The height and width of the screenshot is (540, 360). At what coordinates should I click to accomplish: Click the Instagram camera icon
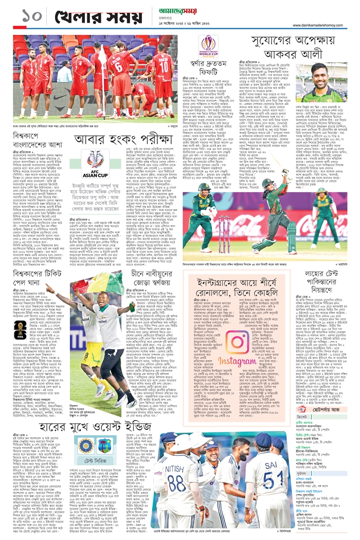click(238, 343)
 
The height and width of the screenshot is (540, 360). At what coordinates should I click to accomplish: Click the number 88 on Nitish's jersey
click(176, 483)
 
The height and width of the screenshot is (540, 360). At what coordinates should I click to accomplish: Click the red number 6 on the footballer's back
click(118, 67)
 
